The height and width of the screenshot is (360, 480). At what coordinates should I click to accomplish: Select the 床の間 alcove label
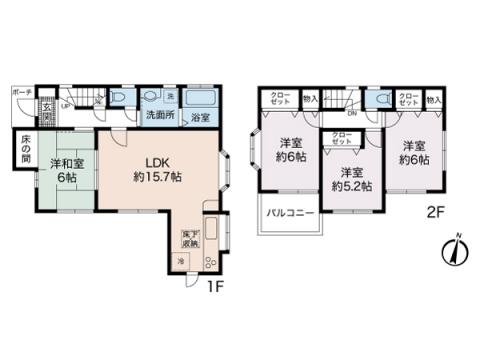(x=23, y=151)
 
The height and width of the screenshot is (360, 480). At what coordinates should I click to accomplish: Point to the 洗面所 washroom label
(x=156, y=118)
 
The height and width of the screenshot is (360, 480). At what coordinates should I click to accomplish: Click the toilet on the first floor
(x=118, y=97)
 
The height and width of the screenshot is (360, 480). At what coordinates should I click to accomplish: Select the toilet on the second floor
(x=381, y=100)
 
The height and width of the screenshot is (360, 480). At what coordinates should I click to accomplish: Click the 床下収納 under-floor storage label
(x=188, y=239)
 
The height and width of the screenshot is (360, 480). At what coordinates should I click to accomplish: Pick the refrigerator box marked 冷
(x=181, y=262)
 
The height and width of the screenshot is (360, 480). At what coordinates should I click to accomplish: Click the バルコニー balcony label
(x=291, y=214)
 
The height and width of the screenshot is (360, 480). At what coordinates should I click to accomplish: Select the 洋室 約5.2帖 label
(x=351, y=179)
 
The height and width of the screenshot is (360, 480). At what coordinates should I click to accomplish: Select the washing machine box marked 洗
(x=171, y=96)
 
